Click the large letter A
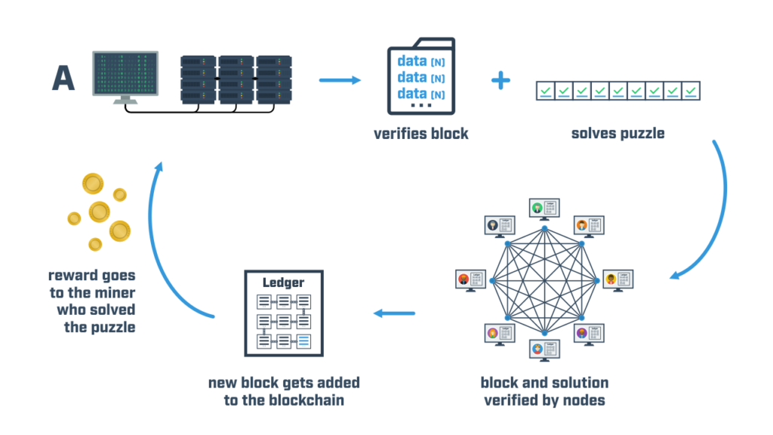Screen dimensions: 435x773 click(x=63, y=78)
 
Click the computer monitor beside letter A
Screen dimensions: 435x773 click(x=125, y=74)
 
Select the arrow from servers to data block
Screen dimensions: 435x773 click(x=337, y=79)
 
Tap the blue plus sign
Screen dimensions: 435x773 click(x=500, y=80)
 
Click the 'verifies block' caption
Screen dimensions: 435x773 click(x=420, y=134)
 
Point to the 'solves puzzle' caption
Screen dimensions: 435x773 click(x=618, y=134)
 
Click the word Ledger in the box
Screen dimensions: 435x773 click(x=283, y=282)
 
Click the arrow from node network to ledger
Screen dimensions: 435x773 click(x=395, y=313)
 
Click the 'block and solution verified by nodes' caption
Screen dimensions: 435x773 click(x=544, y=391)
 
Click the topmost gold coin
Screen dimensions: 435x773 click(x=93, y=184)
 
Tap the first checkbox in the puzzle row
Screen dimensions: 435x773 click(x=544, y=91)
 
